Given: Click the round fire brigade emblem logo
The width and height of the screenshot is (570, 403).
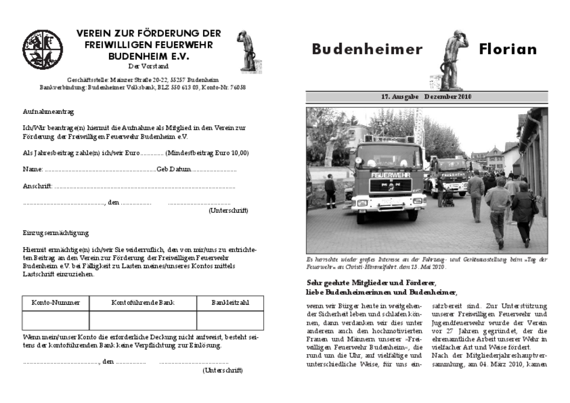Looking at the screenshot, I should click(x=42, y=49).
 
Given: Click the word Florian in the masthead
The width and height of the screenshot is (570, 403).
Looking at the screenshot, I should click(x=507, y=49).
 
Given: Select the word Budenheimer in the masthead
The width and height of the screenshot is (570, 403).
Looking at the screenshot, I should click(x=367, y=49).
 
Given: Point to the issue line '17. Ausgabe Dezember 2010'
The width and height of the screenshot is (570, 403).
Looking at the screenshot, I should click(x=427, y=97).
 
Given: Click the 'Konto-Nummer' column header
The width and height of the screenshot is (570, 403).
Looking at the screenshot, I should click(x=55, y=302).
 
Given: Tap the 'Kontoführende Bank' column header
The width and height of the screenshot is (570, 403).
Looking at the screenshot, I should click(x=143, y=302).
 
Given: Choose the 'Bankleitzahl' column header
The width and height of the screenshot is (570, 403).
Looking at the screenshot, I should click(x=230, y=302).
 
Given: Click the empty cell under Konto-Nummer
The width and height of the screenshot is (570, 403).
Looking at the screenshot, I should click(x=55, y=320).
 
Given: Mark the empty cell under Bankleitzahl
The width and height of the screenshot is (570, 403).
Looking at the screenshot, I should click(x=230, y=320).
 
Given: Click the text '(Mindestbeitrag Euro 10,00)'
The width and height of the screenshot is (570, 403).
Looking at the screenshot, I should click(x=207, y=153).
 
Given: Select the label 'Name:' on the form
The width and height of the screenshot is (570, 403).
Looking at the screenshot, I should click(x=33, y=170).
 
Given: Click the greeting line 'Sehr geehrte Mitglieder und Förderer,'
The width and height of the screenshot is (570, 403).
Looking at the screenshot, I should click(x=371, y=283).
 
